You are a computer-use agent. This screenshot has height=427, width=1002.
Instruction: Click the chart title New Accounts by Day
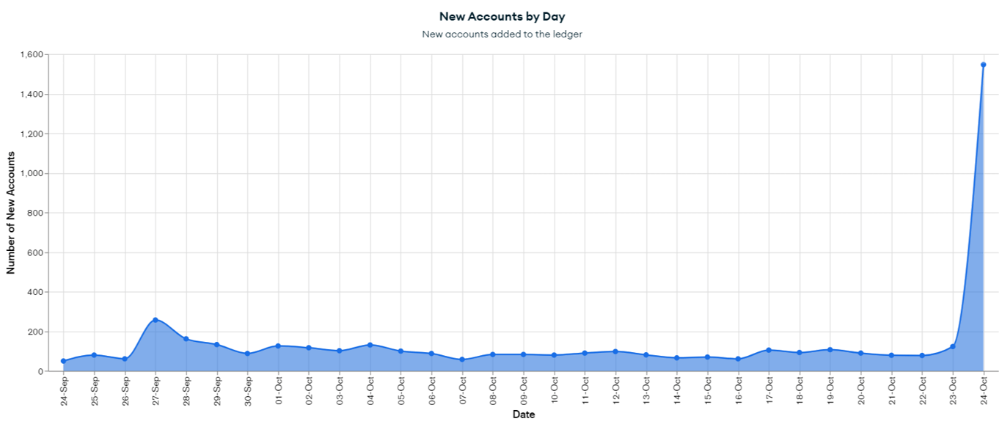(x=502, y=16)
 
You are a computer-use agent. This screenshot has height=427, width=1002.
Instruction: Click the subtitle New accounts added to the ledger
(x=502, y=34)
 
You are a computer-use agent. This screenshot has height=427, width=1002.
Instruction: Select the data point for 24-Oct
(x=983, y=65)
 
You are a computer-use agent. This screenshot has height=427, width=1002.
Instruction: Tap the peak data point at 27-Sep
(x=155, y=320)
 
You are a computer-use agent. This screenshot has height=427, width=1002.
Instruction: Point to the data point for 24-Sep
(x=63, y=361)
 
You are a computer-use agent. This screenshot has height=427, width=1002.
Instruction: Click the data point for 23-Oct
(x=953, y=346)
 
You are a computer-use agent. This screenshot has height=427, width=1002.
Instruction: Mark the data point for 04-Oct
(x=370, y=345)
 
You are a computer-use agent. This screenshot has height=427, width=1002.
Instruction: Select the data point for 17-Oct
(x=768, y=350)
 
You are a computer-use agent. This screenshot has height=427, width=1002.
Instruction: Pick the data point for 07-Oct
(x=462, y=360)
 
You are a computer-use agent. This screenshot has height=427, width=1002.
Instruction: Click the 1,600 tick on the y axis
(x=33, y=54)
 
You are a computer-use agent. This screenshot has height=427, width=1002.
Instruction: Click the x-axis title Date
(x=523, y=415)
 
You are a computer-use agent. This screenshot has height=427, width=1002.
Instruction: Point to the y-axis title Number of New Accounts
(x=11, y=213)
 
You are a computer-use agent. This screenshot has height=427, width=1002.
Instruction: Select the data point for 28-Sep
(x=186, y=339)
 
